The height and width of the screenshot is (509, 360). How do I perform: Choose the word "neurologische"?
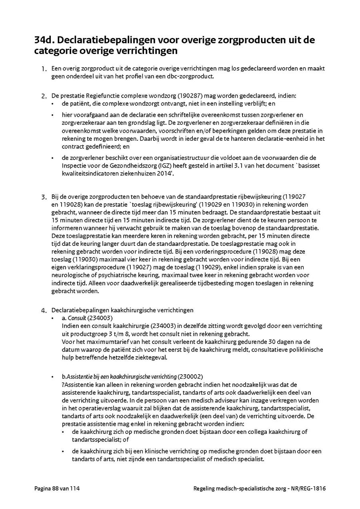(x=72, y=275)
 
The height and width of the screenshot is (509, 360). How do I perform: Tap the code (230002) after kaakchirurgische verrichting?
(x=190, y=377)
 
